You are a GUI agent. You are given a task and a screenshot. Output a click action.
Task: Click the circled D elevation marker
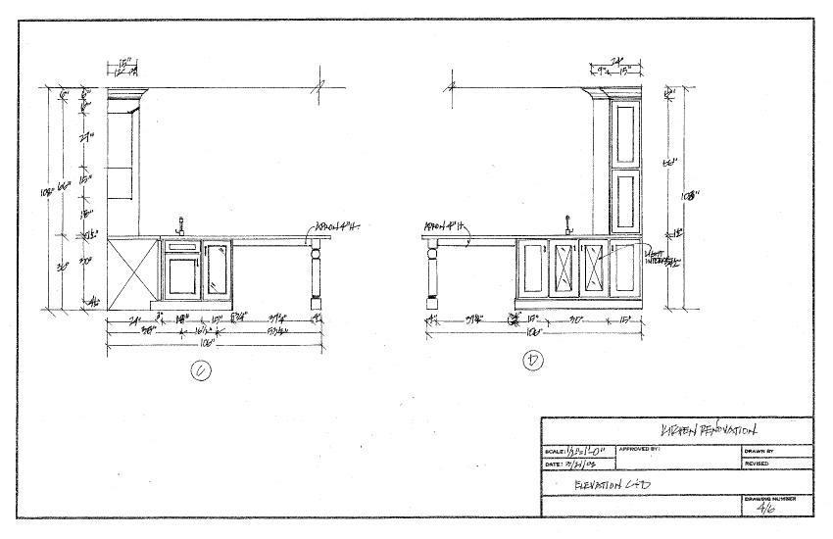[x=533, y=363]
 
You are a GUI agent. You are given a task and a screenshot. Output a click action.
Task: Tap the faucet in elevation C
[x=179, y=226]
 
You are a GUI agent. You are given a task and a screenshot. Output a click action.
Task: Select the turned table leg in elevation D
[x=432, y=278]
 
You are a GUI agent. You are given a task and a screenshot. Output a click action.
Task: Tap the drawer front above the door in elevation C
[x=180, y=248]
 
